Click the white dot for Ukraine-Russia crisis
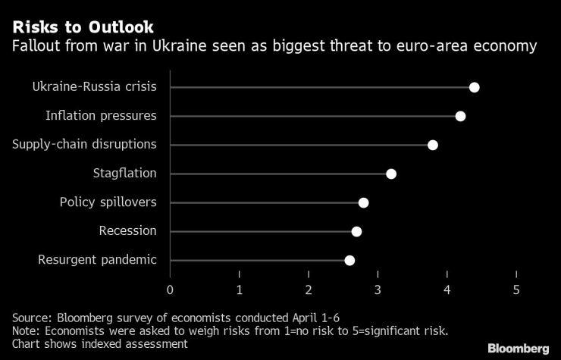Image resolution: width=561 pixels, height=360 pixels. pos(474,87)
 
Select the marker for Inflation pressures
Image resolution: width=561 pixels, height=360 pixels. pos(460,116)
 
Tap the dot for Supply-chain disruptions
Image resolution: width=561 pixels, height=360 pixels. pos(432,145)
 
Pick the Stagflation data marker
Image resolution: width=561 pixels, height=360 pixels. pos(391,174)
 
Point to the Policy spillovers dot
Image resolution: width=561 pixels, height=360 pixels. pos(363,202)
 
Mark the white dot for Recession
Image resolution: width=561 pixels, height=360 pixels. pos(356,231)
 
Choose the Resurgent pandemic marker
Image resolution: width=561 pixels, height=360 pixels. pos(349,260)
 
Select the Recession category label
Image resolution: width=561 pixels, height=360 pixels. pos(127,231)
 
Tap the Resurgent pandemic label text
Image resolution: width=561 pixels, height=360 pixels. pos(97,260)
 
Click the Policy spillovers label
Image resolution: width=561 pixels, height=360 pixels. pos(108,202)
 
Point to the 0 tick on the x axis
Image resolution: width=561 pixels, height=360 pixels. pos(170,290)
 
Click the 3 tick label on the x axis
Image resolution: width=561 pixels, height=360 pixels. pos(378,290)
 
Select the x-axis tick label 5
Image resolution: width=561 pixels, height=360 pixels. pos(516,290)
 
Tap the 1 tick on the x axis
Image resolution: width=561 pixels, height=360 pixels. pos(239,290)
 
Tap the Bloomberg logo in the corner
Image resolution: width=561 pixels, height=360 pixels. pos(518,348)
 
